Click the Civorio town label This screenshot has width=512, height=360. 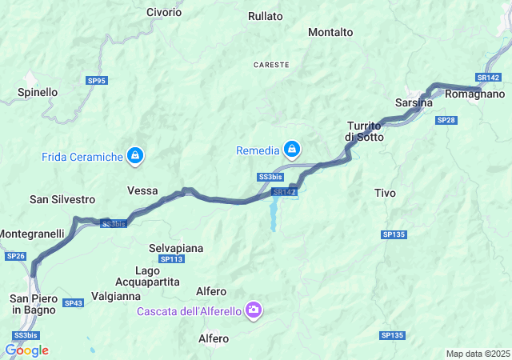[164, 13]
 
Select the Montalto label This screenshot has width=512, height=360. [330, 32]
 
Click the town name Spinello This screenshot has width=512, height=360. [38, 92]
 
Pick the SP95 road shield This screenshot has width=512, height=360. [97, 81]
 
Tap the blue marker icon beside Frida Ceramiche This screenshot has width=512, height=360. [135, 156]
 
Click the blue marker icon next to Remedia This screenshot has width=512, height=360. [293, 150]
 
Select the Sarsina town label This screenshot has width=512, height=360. [414, 103]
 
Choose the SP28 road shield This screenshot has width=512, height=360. [446, 120]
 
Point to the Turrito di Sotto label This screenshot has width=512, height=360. [365, 131]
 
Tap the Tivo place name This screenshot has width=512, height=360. [385, 193]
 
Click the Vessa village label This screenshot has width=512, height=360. [142, 190]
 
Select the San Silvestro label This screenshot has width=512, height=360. [62, 198]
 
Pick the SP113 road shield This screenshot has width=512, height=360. [172, 259]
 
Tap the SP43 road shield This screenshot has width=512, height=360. [73, 303]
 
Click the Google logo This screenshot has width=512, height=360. [26, 350]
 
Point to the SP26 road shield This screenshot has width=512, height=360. [15, 256]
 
